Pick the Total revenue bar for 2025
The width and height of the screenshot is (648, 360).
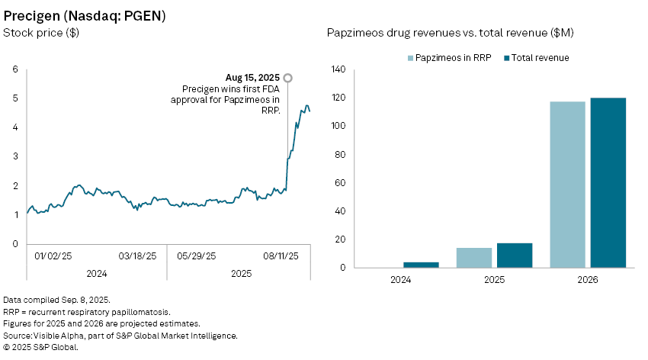click(x=515, y=256)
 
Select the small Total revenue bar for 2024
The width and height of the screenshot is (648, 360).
click(x=421, y=265)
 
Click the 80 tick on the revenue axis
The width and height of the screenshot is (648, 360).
click(x=339, y=155)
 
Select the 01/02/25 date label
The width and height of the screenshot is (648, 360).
click(x=54, y=256)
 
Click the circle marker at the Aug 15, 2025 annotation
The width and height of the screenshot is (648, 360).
click(x=287, y=78)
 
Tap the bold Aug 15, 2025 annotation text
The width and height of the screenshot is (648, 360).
click(x=253, y=78)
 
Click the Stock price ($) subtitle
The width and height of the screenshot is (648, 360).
click(x=41, y=33)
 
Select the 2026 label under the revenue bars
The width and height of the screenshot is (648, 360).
click(x=587, y=279)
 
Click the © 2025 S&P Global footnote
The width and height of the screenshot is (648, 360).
click(x=40, y=347)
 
